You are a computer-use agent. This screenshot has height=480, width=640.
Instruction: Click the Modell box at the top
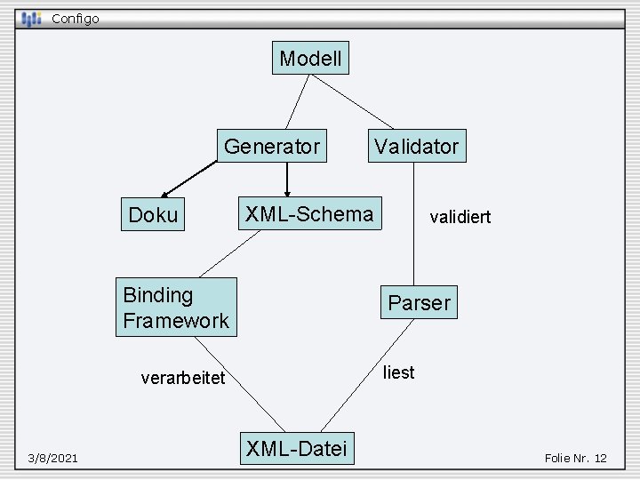(x=310, y=59)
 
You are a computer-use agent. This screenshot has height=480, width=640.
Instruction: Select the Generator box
(x=272, y=146)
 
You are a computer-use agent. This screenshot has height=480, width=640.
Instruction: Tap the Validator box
(x=416, y=146)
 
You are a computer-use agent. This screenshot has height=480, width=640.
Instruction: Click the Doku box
(x=153, y=215)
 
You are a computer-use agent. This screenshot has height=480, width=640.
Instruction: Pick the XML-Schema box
(x=309, y=213)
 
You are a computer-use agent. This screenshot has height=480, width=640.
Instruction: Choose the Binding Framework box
(x=176, y=307)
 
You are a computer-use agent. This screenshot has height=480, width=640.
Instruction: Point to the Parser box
(x=419, y=303)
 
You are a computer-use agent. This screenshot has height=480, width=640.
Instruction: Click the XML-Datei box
(x=297, y=448)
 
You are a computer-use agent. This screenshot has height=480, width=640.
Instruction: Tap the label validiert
(x=460, y=217)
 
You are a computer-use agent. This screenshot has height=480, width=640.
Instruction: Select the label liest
(x=398, y=372)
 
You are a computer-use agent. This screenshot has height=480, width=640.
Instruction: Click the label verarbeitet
(x=183, y=378)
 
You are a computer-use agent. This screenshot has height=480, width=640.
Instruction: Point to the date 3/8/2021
(x=52, y=458)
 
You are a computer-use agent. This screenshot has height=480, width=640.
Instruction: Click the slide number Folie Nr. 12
(x=575, y=458)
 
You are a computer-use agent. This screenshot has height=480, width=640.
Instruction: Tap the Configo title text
(x=76, y=18)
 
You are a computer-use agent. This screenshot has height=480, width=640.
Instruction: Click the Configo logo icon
(x=32, y=18)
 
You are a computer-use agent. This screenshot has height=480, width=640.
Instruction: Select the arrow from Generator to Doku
(x=189, y=180)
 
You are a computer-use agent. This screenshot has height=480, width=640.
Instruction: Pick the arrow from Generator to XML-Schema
(x=287, y=178)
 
